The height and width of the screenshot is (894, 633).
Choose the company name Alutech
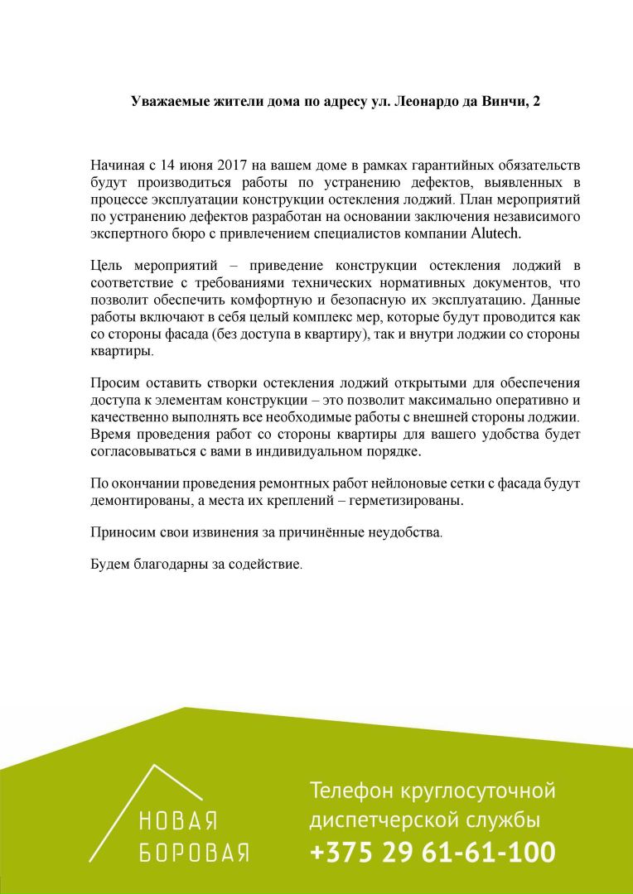[495, 234]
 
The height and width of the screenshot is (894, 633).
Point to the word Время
[112, 435]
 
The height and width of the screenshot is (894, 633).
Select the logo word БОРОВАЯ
[194, 853]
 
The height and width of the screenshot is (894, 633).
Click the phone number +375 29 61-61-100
[432, 853]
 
